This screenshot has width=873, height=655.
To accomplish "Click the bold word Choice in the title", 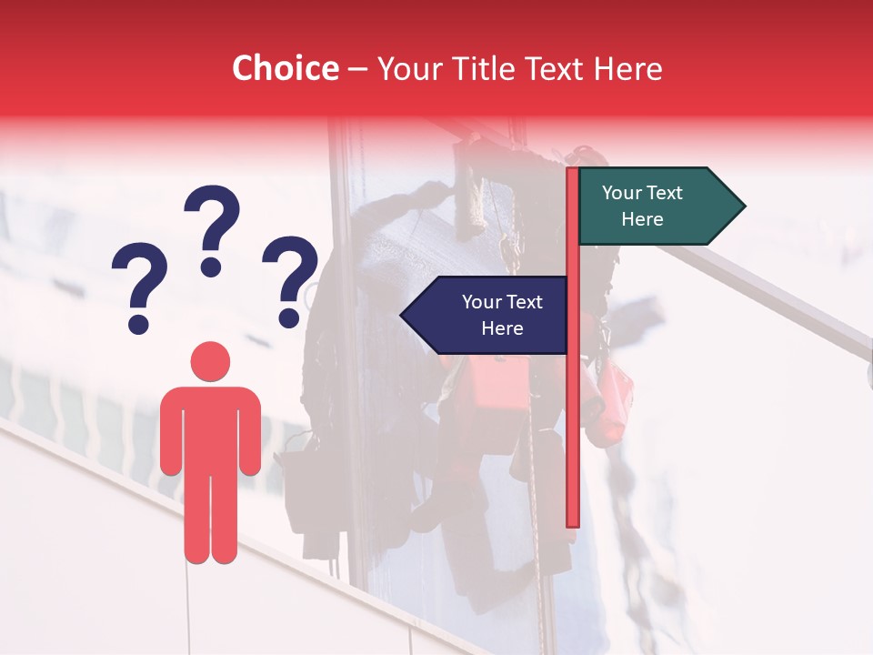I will (x=286, y=68).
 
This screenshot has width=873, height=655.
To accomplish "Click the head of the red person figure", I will (x=210, y=361).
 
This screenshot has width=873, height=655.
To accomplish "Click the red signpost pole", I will (x=573, y=409).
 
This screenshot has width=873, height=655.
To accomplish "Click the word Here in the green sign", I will (x=642, y=219).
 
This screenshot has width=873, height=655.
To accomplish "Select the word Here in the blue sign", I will (x=502, y=328).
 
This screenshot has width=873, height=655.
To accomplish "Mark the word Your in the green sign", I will (x=621, y=193).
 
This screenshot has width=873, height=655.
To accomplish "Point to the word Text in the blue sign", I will (x=524, y=302).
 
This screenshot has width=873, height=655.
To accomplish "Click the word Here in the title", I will (x=628, y=69).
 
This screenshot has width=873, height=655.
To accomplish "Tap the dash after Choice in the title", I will (x=357, y=70).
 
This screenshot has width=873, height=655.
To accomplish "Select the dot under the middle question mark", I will (x=211, y=267).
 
